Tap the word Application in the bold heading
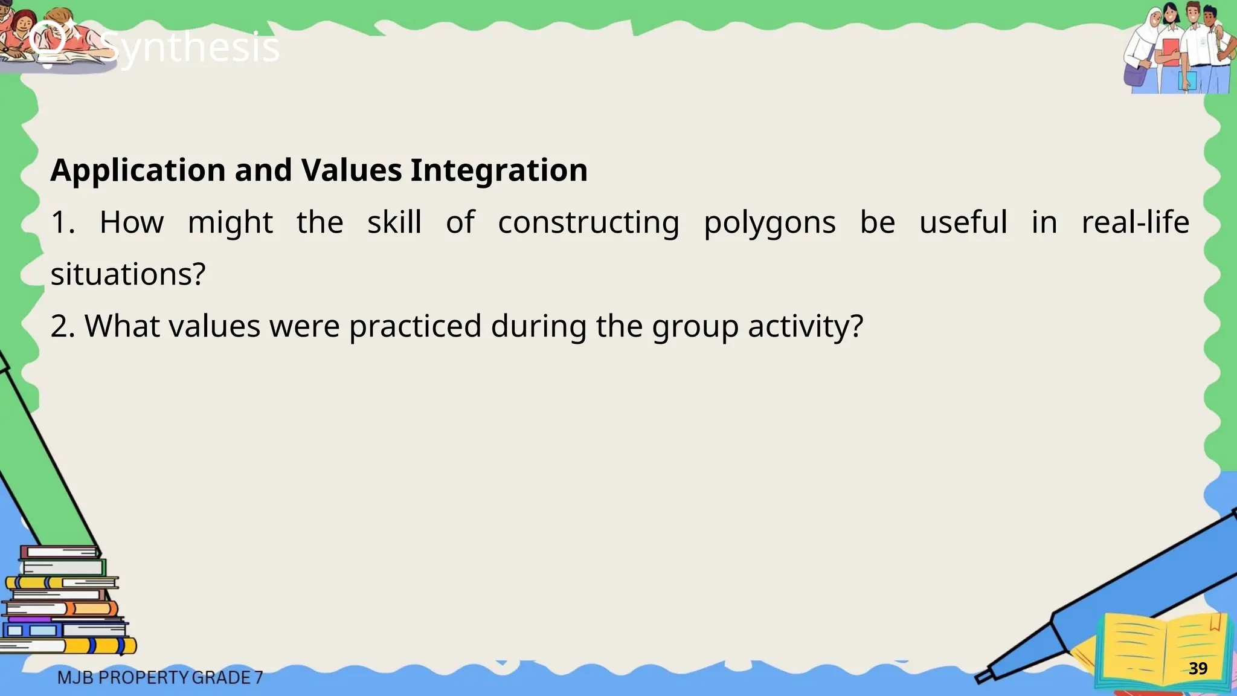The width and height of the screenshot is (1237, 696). [x=138, y=170]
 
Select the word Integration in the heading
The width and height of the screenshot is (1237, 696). [x=499, y=170]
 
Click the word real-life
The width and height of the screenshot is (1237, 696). [x=1135, y=222]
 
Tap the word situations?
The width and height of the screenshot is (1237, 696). [x=128, y=274]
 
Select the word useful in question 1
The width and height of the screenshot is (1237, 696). [x=963, y=222]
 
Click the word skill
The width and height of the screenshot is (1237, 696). [x=394, y=222]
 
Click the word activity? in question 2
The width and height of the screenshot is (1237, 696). [x=806, y=327]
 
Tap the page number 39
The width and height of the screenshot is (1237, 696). [x=1198, y=668]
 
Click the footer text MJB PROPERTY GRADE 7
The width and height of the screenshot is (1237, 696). [x=160, y=678]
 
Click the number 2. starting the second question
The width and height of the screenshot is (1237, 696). [x=62, y=327]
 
